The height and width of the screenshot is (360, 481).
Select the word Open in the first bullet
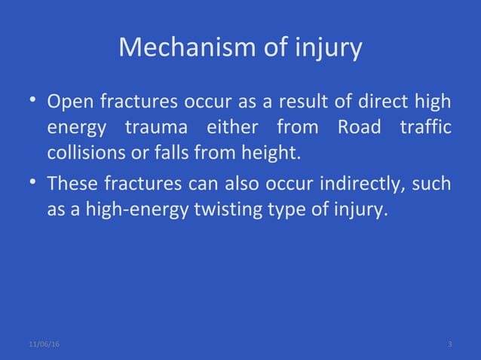coord(66,100)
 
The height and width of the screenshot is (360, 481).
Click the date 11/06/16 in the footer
coord(44,344)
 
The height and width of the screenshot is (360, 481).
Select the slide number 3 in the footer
coord(449,344)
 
